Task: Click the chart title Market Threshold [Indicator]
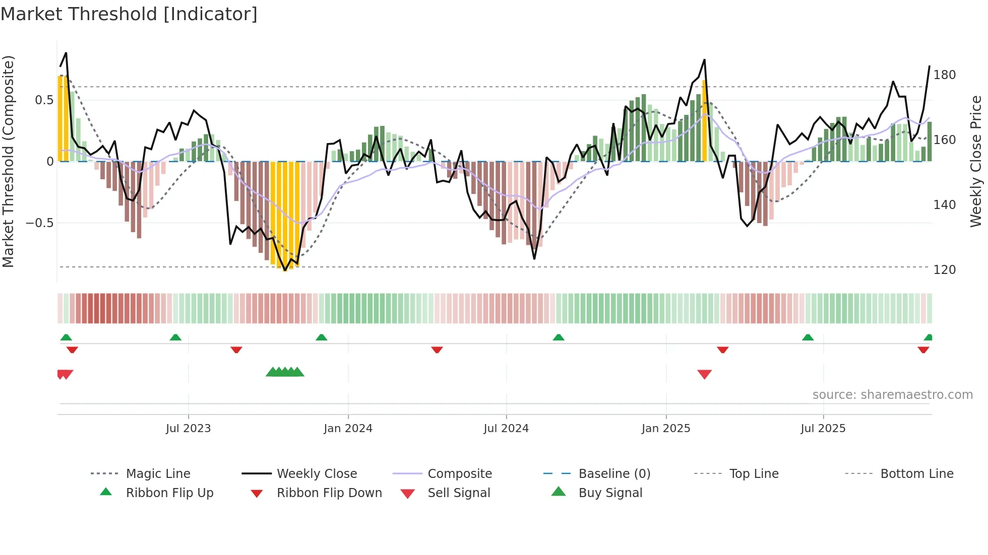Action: click(129, 14)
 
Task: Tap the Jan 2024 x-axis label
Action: click(348, 429)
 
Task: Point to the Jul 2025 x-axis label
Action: click(823, 429)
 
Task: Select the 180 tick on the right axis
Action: click(944, 75)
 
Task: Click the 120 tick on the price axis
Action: click(944, 270)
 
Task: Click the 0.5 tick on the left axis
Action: click(44, 100)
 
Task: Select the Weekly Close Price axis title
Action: click(976, 161)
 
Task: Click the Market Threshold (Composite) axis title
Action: click(8, 161)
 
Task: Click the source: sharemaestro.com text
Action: click(892, 395)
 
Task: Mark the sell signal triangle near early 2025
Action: click(704, 374)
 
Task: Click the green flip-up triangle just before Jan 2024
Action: click(321, 337)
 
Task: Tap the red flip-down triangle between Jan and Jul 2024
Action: click(437, 350)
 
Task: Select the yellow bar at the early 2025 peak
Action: click(705, 121)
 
